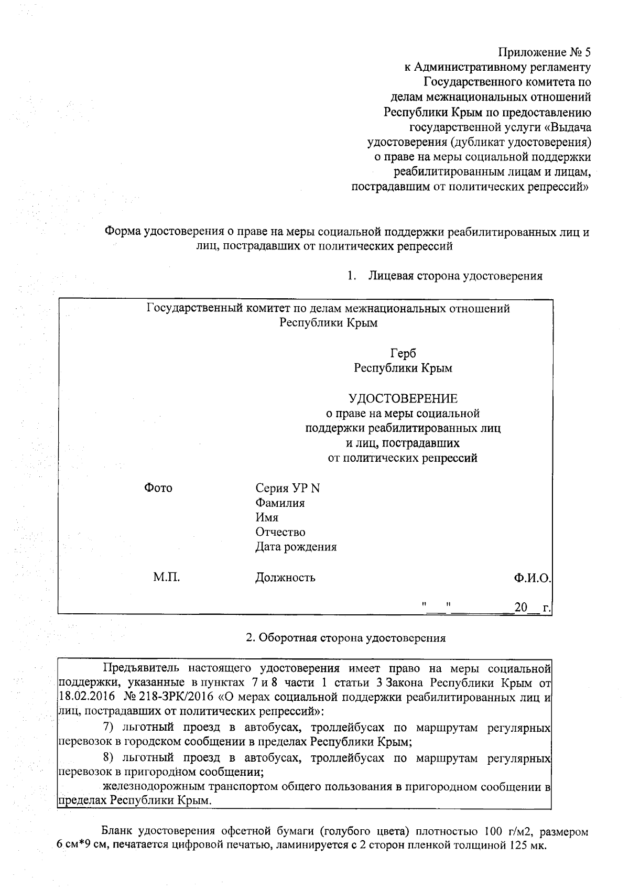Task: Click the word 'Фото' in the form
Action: (158, 488)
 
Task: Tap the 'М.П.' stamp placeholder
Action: (166, 577)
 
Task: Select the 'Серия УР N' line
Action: (287, 488)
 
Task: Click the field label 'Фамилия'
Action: (280, 503)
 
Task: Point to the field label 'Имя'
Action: (267, 517)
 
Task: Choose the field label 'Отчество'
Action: (280, 532)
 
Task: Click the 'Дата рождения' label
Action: (296, 547)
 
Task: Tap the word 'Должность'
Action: (285, 578)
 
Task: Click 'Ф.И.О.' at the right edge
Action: (532, 578)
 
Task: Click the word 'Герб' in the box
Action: (403, 353)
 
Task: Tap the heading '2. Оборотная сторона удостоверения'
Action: (346, 638)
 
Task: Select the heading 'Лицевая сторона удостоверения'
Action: (455, 276)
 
